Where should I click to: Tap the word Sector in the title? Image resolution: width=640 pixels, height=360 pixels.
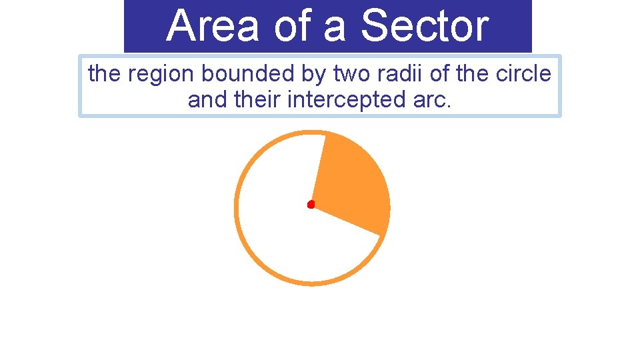[424, 26]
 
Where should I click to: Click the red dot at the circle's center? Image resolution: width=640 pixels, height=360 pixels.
[311, 205]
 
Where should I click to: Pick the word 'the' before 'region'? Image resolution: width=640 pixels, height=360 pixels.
[105, 74]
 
